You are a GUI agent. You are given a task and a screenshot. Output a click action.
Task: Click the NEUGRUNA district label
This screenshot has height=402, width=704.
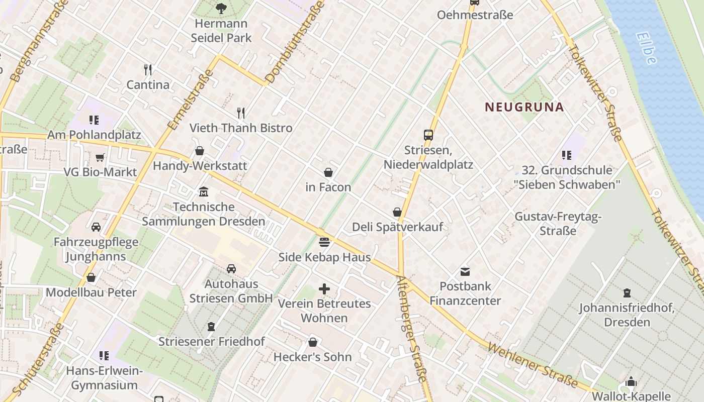point(524,107)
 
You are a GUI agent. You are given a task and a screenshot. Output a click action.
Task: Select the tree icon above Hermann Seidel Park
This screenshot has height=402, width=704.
point(221,8)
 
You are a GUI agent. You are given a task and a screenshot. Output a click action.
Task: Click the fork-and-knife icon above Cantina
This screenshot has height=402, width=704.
point(147,69)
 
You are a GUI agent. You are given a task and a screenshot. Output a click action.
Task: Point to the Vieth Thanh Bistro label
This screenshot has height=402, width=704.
point(241,128)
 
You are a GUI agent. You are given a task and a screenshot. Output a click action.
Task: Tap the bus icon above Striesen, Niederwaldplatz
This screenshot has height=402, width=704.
point(428,135)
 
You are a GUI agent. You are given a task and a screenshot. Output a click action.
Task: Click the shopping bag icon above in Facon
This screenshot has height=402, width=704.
point(328,172)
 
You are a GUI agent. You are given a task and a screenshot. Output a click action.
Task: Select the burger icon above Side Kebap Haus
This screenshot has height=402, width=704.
point(324,242)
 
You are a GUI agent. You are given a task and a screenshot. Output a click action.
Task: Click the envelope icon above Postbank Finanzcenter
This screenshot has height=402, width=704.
point(465,272)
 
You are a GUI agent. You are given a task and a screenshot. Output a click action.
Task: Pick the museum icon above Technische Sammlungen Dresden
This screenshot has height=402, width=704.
point(204,192)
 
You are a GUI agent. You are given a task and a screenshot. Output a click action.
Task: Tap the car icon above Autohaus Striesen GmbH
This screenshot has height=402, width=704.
point(231,268)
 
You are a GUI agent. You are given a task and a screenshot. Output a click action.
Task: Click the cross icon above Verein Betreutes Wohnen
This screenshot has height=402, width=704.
point(324,289)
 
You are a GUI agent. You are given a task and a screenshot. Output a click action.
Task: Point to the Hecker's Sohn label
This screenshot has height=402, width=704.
point(312,357)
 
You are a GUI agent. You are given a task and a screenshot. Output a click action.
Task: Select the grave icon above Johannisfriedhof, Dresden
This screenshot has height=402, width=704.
point(627,292)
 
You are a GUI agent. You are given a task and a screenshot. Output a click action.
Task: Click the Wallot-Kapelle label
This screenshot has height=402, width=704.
point(632,396)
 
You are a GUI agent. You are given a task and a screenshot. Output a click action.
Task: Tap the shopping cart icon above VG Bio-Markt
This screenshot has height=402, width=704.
point(100,157)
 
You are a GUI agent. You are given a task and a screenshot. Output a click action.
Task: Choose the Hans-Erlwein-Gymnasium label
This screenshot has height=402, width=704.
point(105,378)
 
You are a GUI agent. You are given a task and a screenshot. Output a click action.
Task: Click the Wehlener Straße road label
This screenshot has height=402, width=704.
point(533,365)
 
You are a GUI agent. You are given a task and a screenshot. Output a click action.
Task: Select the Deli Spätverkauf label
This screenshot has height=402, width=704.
point(397,227)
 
